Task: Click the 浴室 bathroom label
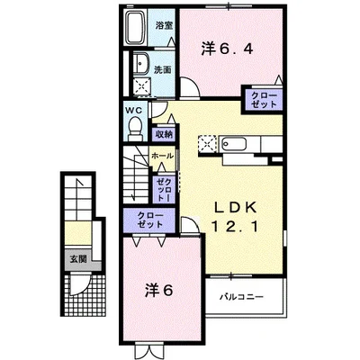pos(163,25)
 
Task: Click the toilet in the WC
pos(133,129)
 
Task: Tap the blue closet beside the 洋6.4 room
pos(262,100)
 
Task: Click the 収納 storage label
pos(163,134)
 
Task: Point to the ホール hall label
pos(162,157)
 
